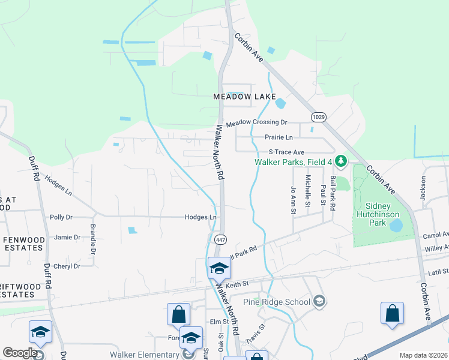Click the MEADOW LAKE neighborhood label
tap(244, 97)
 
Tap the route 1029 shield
tap(318, 116)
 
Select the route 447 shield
tap(220, 238)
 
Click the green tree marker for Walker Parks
tap(341, 161)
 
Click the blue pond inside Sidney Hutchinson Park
tap(396, 226)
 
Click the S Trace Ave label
tap(286, 152)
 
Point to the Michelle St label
tap(308, 187)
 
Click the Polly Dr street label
tap(61, 217)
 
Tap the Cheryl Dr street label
tap(67, 266)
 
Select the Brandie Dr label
tap(93, 238)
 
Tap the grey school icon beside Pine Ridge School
tap(319, 301)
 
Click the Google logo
tap(20, 352)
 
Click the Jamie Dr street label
tap(67, 238)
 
